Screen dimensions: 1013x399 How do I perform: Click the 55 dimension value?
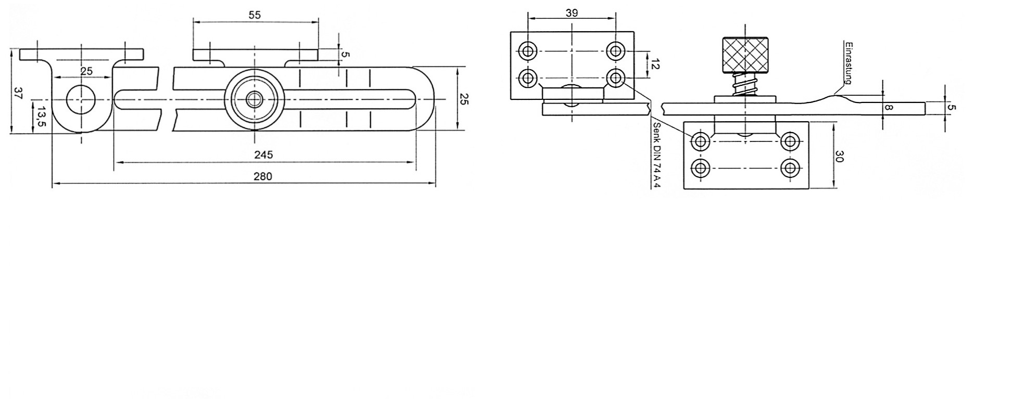click(255, 15)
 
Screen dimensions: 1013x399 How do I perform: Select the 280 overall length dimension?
click(263, 176)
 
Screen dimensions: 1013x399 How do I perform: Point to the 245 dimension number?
click(263, 155)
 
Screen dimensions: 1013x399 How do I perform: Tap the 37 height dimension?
click(18, 94)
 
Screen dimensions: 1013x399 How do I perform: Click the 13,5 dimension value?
click(41, 115)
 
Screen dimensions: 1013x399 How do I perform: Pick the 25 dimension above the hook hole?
click(86, 71)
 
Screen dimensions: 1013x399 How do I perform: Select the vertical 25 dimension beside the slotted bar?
click(464, 99)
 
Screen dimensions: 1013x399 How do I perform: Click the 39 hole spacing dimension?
click(572, 13)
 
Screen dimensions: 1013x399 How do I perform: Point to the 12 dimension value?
click(655, 65)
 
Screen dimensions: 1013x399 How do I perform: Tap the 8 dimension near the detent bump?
click(889, 108)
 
